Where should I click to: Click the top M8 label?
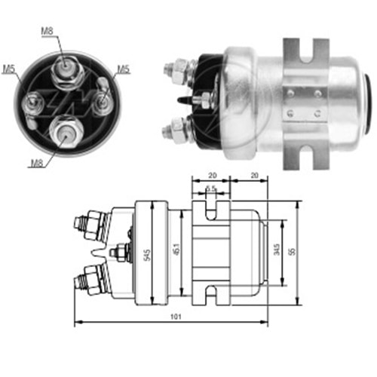click(x=47, y=30)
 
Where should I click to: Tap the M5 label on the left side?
click(x=8, y=69)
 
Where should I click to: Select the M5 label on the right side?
click(x=123, y=69)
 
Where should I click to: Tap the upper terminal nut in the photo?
click(x=173, y=69)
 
